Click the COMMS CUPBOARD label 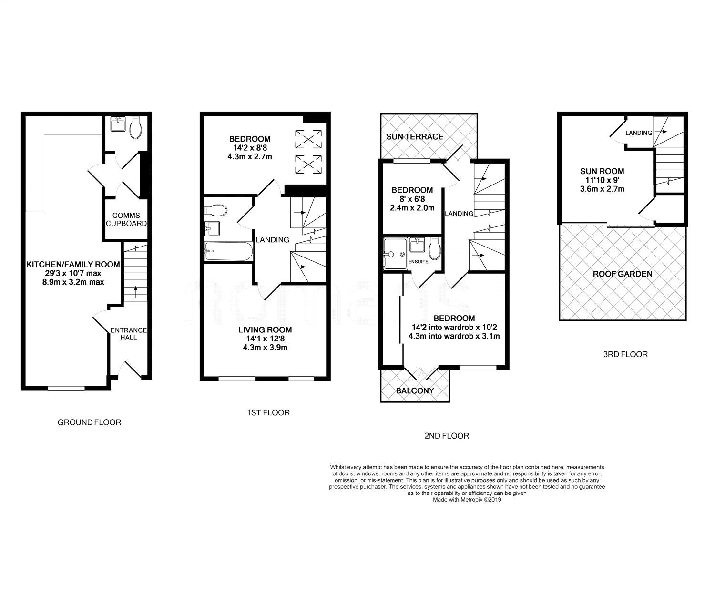point(126,219)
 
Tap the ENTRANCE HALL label point(128,334)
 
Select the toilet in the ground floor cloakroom point(136,128)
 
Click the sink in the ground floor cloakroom point(118,124)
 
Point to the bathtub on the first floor point(228,251)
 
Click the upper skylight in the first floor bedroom point(308,139)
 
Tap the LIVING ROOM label point(265,330)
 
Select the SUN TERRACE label point(415,137)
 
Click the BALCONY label point(415,390)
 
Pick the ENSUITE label point(418,262)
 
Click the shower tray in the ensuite point(395,254)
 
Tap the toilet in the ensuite point(435,249)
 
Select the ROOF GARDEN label point(623,274)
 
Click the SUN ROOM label point(602,171)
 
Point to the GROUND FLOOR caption point(90,422)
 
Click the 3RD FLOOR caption point(625,354)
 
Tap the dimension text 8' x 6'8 point(412,199)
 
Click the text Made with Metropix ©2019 point(467,500)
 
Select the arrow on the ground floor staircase point(135,291)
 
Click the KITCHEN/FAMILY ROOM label point(73,265)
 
